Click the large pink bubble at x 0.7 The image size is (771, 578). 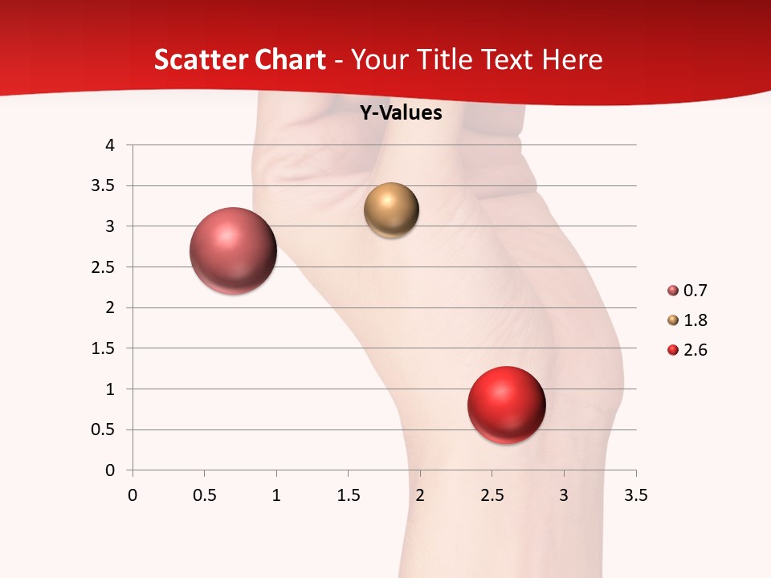233,250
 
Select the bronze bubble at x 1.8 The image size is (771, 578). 391,210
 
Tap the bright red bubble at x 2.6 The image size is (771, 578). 506,405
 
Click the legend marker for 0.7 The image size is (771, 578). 673,291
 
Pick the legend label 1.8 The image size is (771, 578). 696,320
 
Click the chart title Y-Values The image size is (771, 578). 400,112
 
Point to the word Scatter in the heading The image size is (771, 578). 200,59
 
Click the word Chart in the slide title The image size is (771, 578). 290,59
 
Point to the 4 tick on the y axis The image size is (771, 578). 110,145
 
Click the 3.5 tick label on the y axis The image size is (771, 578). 104,186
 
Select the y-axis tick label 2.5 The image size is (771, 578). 104,267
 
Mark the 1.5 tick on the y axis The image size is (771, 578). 104,348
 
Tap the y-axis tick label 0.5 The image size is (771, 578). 104,429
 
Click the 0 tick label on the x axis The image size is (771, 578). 133,495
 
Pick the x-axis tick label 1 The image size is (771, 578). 276,495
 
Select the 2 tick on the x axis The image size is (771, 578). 420,495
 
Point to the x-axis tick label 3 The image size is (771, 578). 564,495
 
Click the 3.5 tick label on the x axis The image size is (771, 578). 635,495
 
